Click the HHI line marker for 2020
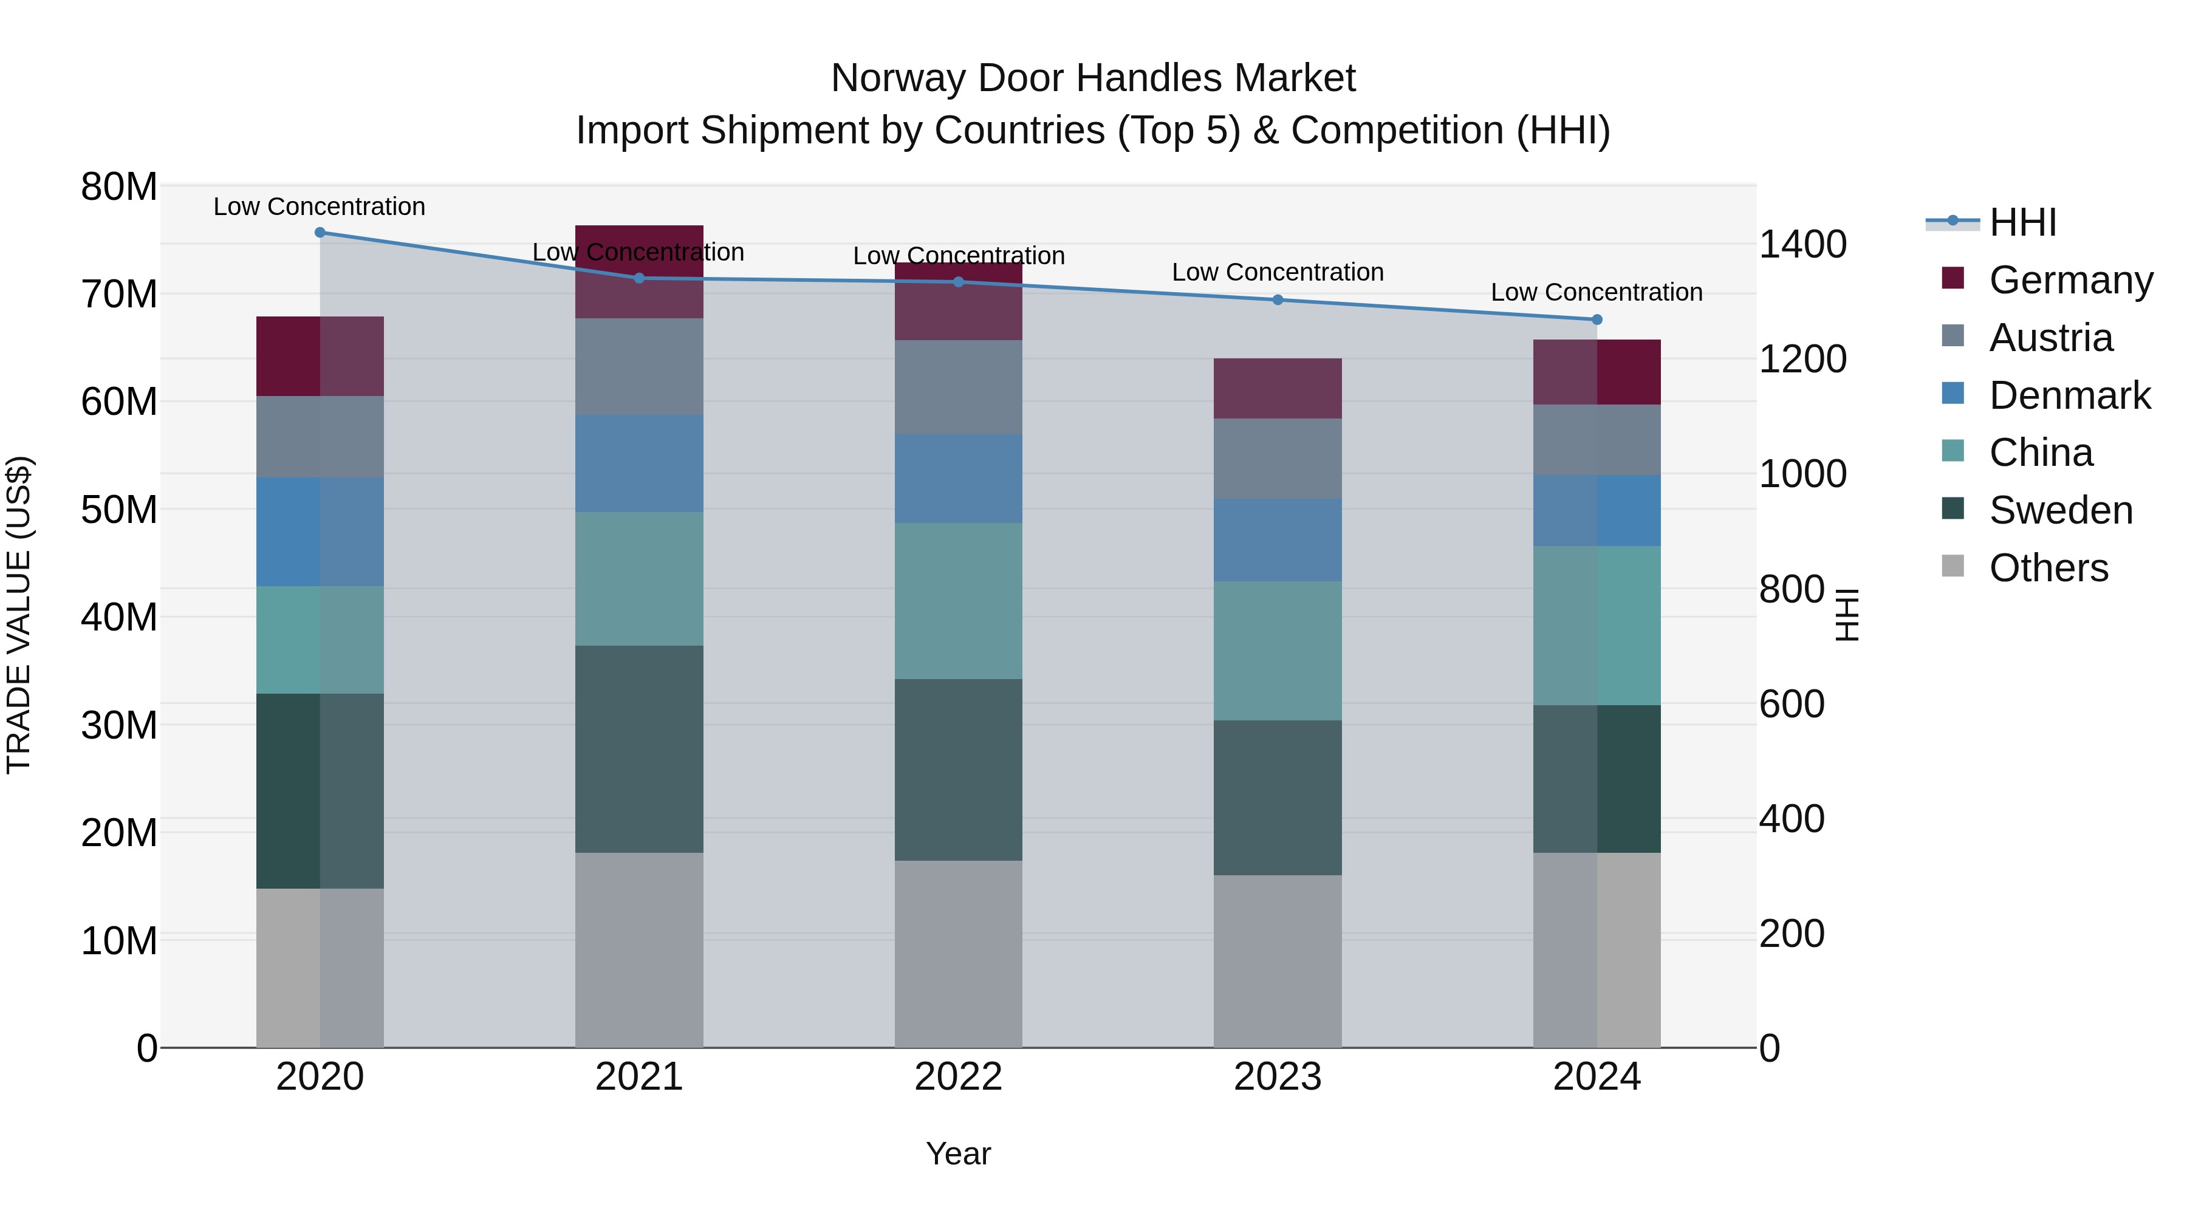coord(320,233)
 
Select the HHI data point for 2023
coord(1278,299)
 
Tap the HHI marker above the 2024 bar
coord(1597,320)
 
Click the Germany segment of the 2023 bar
coord(1278,389)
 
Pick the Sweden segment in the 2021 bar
coord(639,749)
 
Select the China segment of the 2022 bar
coord(959,601)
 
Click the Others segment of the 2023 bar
coord(1278,961)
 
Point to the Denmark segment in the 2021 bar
coord(639,463)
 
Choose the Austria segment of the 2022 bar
coord(959,388)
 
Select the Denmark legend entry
coord(2069,395)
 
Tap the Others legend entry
coord(2048,568)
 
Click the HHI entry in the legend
coord(2022,222)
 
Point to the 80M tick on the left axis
coord(119,186)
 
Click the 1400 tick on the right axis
coord(1802,244)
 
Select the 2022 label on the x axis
coord(959,1077)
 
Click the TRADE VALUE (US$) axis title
coord(19,615)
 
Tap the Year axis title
coord(959,1153)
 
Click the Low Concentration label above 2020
coord(319,207)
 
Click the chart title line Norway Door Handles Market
coord(1093,78)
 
